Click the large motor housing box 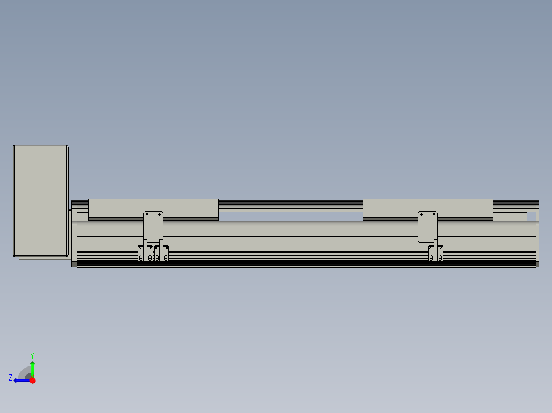click(x=40, y=200)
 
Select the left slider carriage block click(x=153, y=208)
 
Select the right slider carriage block click(x=428, y=208)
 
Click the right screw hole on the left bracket click(x=160, y=214)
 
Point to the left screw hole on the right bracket click(x=421, y=214)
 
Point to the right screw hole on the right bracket click(x=434, y=214)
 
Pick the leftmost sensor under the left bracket click(x=141, y=254)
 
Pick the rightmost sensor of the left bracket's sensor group click(x=165, y=254)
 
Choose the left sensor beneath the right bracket click(x=431, y=254)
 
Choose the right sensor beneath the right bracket click(x=440, y=254)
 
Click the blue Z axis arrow click(x=20, y=380)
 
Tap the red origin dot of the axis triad click(x=32, y=380)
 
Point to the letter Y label click(x=32, y=355)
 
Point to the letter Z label click(x=10, y=378)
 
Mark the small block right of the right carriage click(x=509, y=217)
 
